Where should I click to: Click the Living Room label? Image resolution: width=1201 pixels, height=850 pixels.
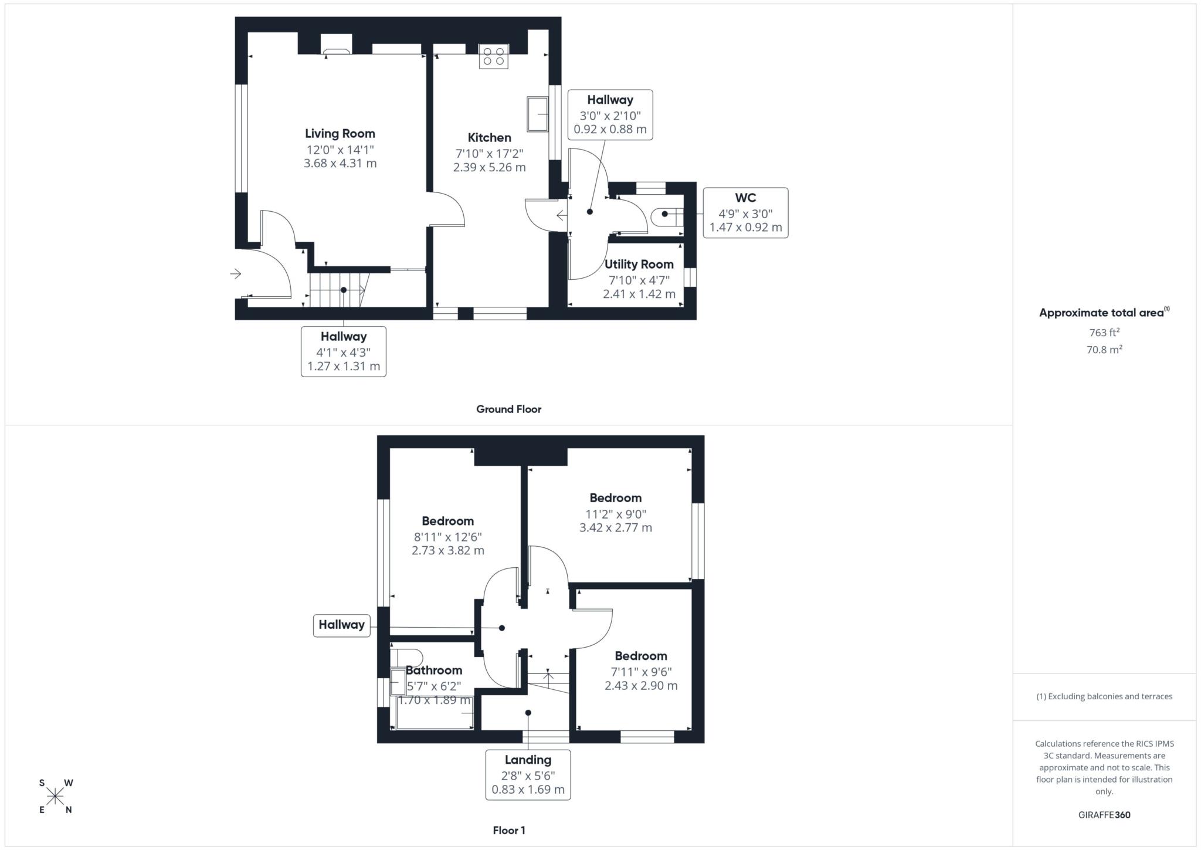pyautogui.click(x=340, y=134)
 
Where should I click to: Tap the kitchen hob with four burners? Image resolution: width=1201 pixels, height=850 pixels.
pyautogui.click(x=493, y=56)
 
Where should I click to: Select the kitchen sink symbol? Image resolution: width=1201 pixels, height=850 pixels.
pyautogui.click(x=537, y=114)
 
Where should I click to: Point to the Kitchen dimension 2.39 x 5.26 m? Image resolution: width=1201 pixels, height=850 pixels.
pyautogui.click(x=489, y=167)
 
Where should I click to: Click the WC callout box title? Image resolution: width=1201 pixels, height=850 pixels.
pyautogui.click(x=745, y=198)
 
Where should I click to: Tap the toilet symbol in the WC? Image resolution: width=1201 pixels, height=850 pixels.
pyautogui.click(x=667, y=215)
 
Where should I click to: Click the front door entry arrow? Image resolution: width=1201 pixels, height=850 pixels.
pyautogui.click(x=236, y=274)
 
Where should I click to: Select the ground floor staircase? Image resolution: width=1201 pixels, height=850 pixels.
pyautogui.click(x=337, y=290)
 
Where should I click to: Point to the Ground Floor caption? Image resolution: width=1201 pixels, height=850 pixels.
pyautogui.click(x=508, y=409)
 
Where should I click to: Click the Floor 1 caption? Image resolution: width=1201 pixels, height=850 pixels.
pyautogui.click(x=508, y=830)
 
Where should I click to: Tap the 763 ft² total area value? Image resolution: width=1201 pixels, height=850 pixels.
pyautogui.click(x=1104, y=333)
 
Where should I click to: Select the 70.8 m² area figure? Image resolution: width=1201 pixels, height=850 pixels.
pyautogui.click(x=1104, y=350)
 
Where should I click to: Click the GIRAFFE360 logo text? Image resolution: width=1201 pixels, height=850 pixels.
pyautogui.click(x=1104, y=815)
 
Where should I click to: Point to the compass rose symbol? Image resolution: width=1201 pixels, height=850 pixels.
pyautogui.click(x=55, y=796)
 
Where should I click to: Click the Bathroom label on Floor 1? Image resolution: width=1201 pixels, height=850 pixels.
pyautogui.click(x=434, y=670)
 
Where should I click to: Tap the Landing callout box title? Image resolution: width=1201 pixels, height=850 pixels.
pyautogui.click(x=528, y=760)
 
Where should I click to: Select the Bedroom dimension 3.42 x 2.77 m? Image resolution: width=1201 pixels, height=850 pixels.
pyautogui.click(x=615, y=527)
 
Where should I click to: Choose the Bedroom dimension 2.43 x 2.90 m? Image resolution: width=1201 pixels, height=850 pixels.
pyautogui.click(x=641, y=685)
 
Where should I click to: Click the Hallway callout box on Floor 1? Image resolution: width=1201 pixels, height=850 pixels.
pyautogui.click(x=341, y=625)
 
